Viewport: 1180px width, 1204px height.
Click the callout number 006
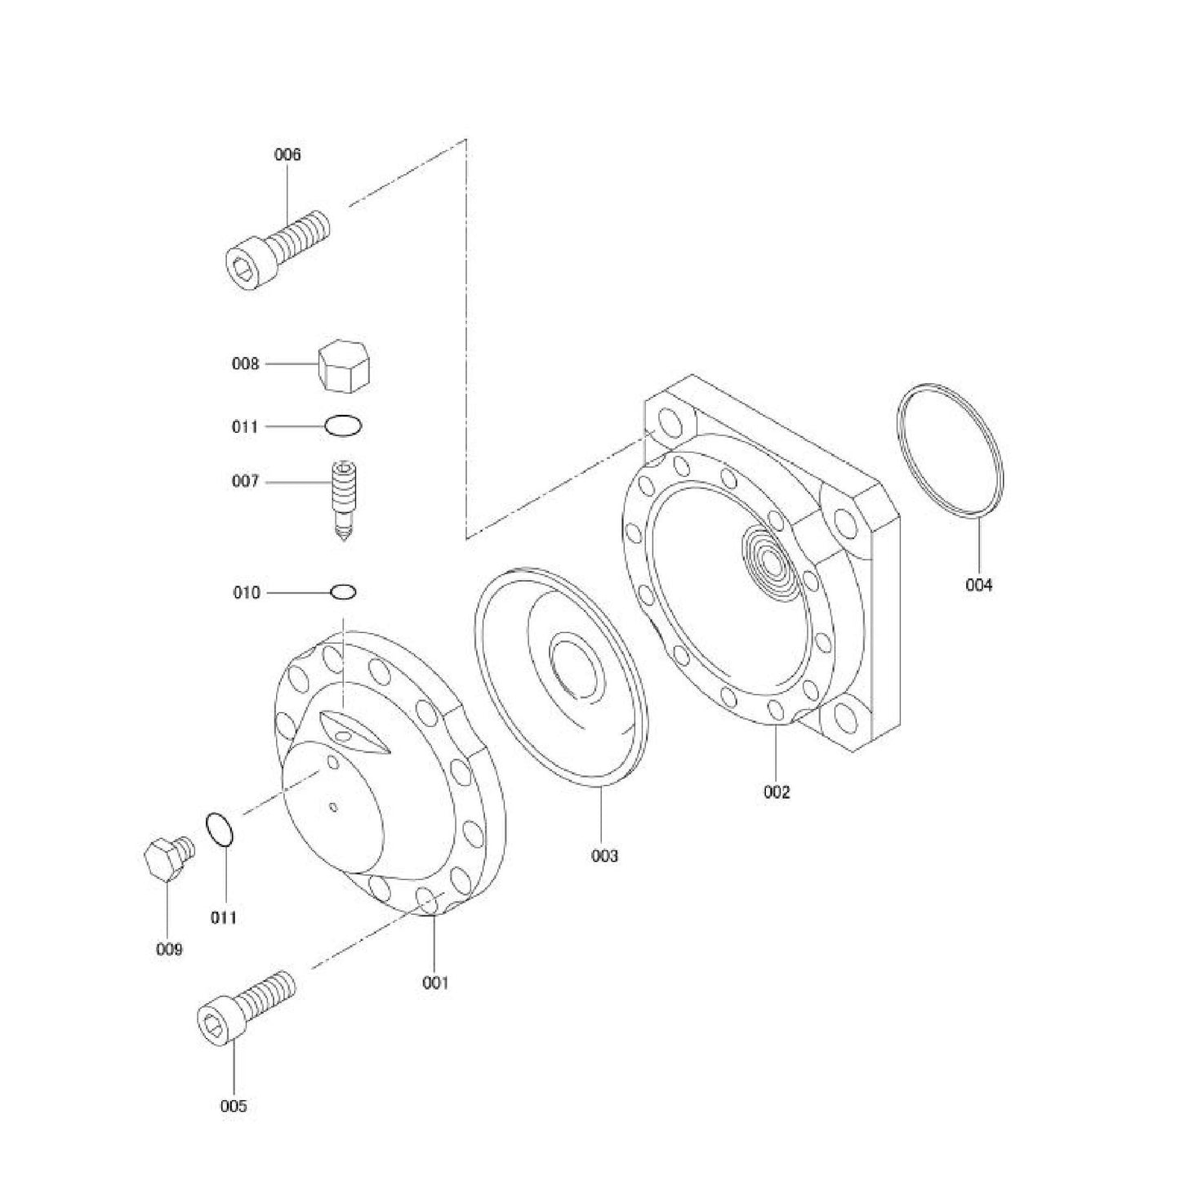(x=287, y=154)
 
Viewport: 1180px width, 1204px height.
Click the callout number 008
(x=245, y=364)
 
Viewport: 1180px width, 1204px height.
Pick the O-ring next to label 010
(x=343, y=591)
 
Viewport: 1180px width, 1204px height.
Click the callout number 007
(x=245, y=482)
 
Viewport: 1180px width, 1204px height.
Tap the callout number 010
(x=246, y=592)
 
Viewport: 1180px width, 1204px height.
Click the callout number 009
(x=169, y=949)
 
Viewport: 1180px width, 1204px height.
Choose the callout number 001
(x=435, y=983)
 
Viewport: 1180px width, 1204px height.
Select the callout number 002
(x=777, y=792)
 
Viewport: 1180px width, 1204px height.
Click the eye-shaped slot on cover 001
(x=354, y=729)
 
